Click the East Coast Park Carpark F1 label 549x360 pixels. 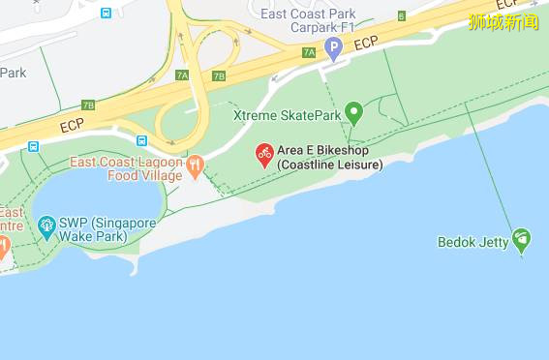point(309,20)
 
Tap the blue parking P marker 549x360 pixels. point(334,46)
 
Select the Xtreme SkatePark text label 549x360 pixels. point(288,115)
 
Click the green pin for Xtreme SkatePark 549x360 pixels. point(353,113)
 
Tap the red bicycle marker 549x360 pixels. point(263,153)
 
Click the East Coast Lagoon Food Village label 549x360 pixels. point(127,168)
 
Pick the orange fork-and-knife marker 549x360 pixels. point(195,165)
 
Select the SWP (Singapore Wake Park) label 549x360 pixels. point(107,229)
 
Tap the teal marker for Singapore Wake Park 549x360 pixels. point(46,227)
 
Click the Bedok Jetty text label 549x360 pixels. point(473,242)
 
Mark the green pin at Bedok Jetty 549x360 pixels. point(522,237)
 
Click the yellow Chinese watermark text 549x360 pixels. point(503,21)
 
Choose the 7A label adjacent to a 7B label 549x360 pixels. point(182,75)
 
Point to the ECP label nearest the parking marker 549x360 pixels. point(366,44)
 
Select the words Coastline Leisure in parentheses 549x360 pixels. point(330,165)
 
